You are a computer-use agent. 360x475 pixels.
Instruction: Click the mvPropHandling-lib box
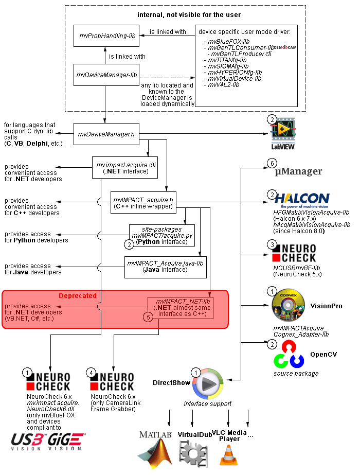[x=105, y=36]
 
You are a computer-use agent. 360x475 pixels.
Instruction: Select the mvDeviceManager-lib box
[x=105, y=75]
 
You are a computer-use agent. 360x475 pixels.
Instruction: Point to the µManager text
[x=298, y=171]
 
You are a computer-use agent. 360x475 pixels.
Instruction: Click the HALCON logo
[x=302, y=201]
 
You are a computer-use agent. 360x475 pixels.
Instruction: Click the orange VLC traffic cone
[x=229, y=454]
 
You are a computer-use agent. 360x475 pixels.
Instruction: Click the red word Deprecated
[x=77, y=296]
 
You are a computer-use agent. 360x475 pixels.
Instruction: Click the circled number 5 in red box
[x=149, y=318]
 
